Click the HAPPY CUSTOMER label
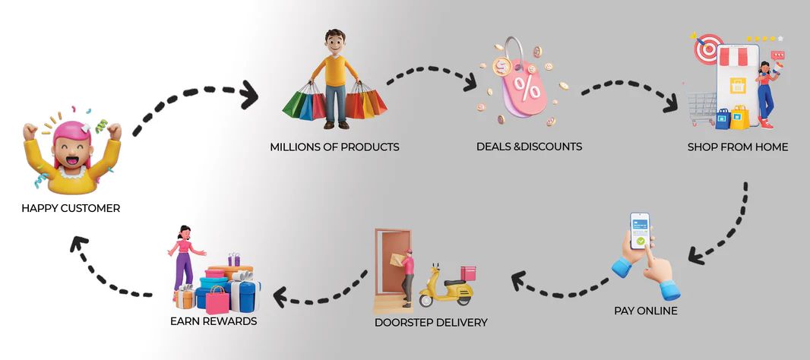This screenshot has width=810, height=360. point(71,209)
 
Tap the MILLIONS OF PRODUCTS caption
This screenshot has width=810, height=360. point(335,147)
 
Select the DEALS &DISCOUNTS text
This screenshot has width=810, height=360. point(529,147)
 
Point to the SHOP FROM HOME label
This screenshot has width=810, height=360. point(738,147)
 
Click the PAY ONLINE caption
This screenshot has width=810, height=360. point(646,311)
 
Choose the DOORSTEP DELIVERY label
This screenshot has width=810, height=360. point(431,323)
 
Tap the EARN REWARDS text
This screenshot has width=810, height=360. point(214,321)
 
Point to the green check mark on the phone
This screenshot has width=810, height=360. point(641,242)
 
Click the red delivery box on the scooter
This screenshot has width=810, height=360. point(468,273)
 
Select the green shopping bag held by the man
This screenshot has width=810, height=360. point(296,103)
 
